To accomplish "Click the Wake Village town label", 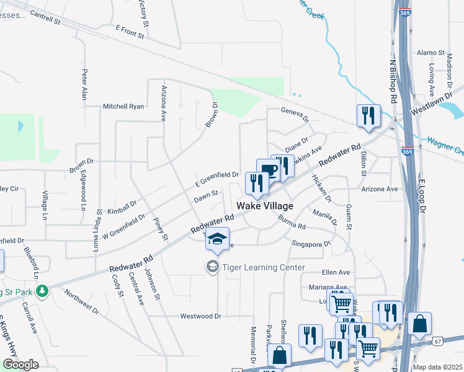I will pyautogui.click(x=264, y=205).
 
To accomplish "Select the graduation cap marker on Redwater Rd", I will pyautogui.click(x=218, y=239).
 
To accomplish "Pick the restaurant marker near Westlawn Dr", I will pyautogui.click(x=368, y=115).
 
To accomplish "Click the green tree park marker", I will pyautogui.click(x=42, y=291).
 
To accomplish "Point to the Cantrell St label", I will pyautogui.click(x=44, y=17).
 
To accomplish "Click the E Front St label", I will pyautogui.click(x=130, y=32).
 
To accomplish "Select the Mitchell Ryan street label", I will pyautogui.click(x=123, y=106).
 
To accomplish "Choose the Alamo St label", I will pyautogui.click(x=431, y=53).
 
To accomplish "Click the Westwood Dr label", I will pyautogui.click(x=200, y=316).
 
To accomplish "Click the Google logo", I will pyautogui.click(x=20, y=365).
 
